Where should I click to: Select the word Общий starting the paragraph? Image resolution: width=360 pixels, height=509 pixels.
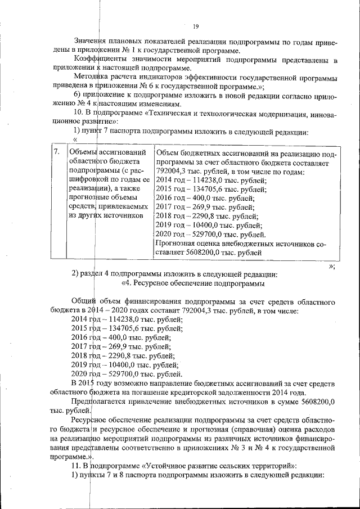click(85, 301)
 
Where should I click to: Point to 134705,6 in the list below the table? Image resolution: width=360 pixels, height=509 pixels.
click(128, 328)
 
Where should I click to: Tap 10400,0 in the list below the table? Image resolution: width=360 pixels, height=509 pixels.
click(127, 364)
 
